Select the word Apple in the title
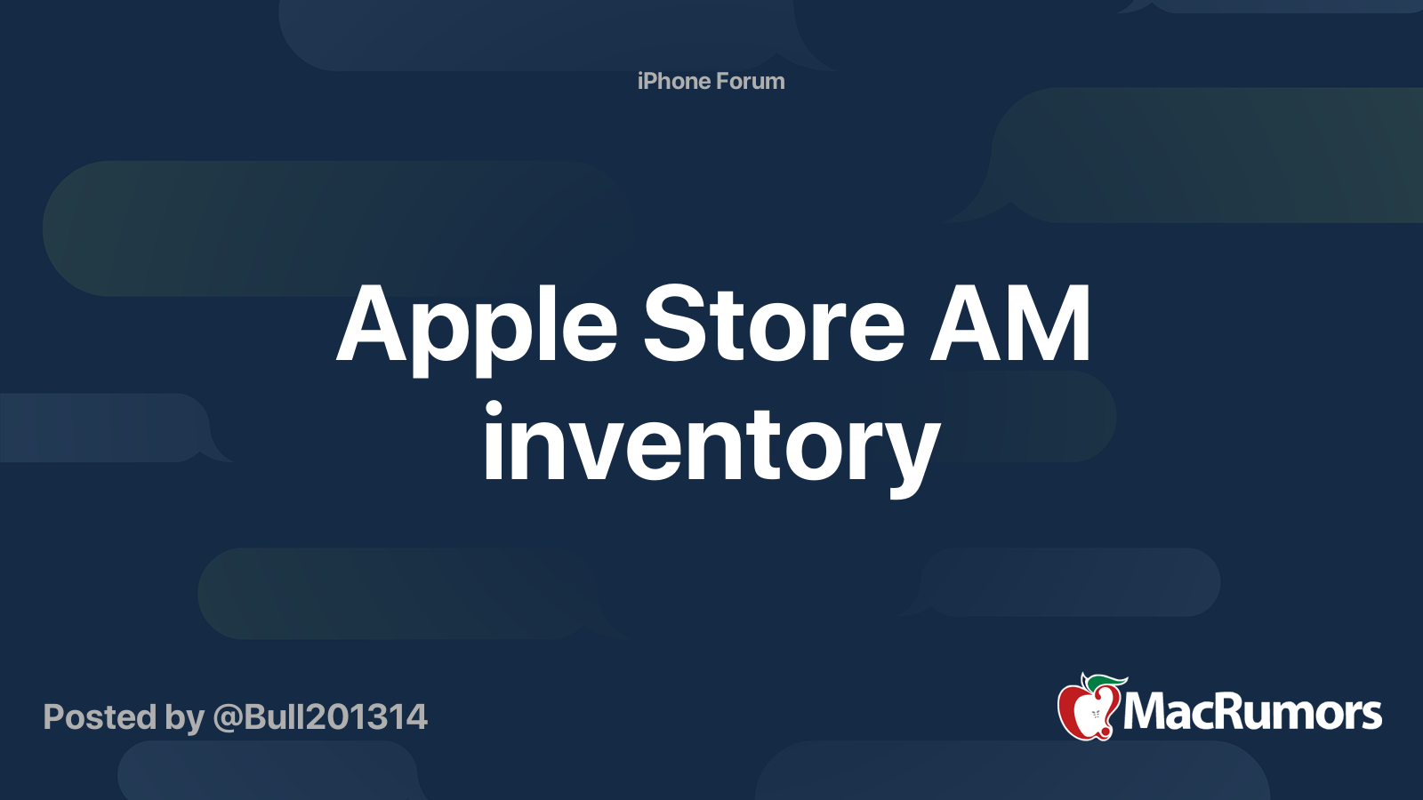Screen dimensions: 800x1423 coord(477,327)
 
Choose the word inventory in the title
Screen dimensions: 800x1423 coord(711,444)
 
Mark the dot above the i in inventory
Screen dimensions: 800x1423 coord(494,409)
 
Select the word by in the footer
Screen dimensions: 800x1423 coord(184,718)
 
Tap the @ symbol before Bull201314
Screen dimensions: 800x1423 coord(227,717)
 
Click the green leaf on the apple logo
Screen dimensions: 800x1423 coord(1105,682)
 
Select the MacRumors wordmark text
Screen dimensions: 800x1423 coord(1252,712)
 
